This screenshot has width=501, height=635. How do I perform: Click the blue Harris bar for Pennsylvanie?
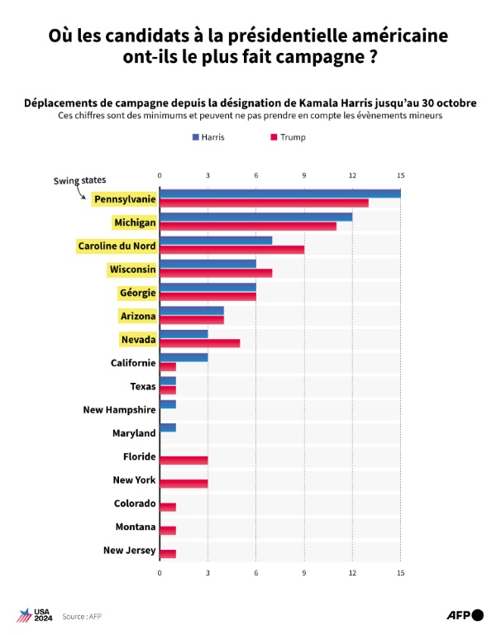tap(279, 193)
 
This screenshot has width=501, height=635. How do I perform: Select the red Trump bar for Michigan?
tap(247, 227)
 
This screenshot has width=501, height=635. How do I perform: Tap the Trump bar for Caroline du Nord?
tap(231, 250)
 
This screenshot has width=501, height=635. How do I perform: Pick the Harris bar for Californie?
tap(184, 357)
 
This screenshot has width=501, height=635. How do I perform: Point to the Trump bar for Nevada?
tap(199, 342)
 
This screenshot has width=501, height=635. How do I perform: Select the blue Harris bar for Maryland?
tap(168, 427)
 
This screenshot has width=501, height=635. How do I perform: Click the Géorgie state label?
tap(136, 293)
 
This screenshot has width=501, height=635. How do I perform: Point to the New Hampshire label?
tap(120, 409)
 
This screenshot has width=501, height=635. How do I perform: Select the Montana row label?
tap(135, 527)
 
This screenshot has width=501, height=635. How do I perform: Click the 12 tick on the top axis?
tap(353, 175)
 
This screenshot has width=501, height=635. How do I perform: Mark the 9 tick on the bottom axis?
tap(304, 572)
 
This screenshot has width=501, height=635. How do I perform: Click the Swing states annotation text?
tap(80, 180)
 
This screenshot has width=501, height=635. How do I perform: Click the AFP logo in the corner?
tap(465, 614)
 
